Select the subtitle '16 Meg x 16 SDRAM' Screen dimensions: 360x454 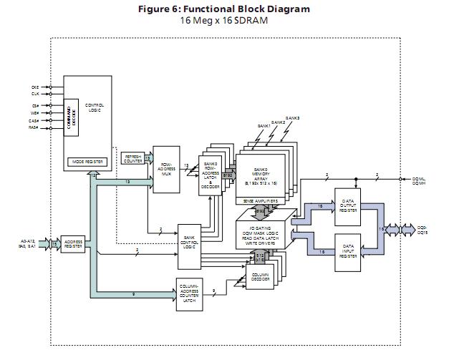point(226,20)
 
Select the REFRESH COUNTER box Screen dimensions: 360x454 point(133,159)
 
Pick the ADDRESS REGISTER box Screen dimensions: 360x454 point(74,244)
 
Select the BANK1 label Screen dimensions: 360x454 point(265,127)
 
